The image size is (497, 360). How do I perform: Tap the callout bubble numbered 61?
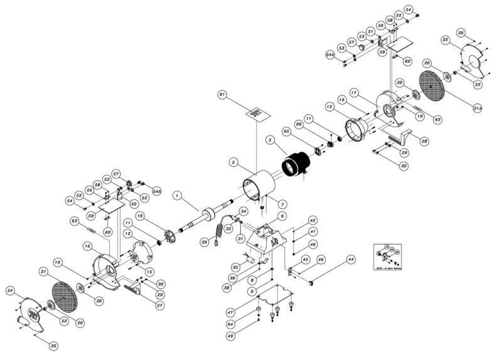tap(222, 94)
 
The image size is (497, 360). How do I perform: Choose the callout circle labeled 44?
tap(350, 258)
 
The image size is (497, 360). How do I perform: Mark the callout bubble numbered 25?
tap(446, 40)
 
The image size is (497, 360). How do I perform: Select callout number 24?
tap(11, 290)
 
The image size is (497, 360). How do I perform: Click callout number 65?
tap(286, 133)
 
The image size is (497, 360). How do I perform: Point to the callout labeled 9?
tap(252, 291)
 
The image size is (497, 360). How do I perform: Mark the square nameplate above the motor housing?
tap(256, 114)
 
